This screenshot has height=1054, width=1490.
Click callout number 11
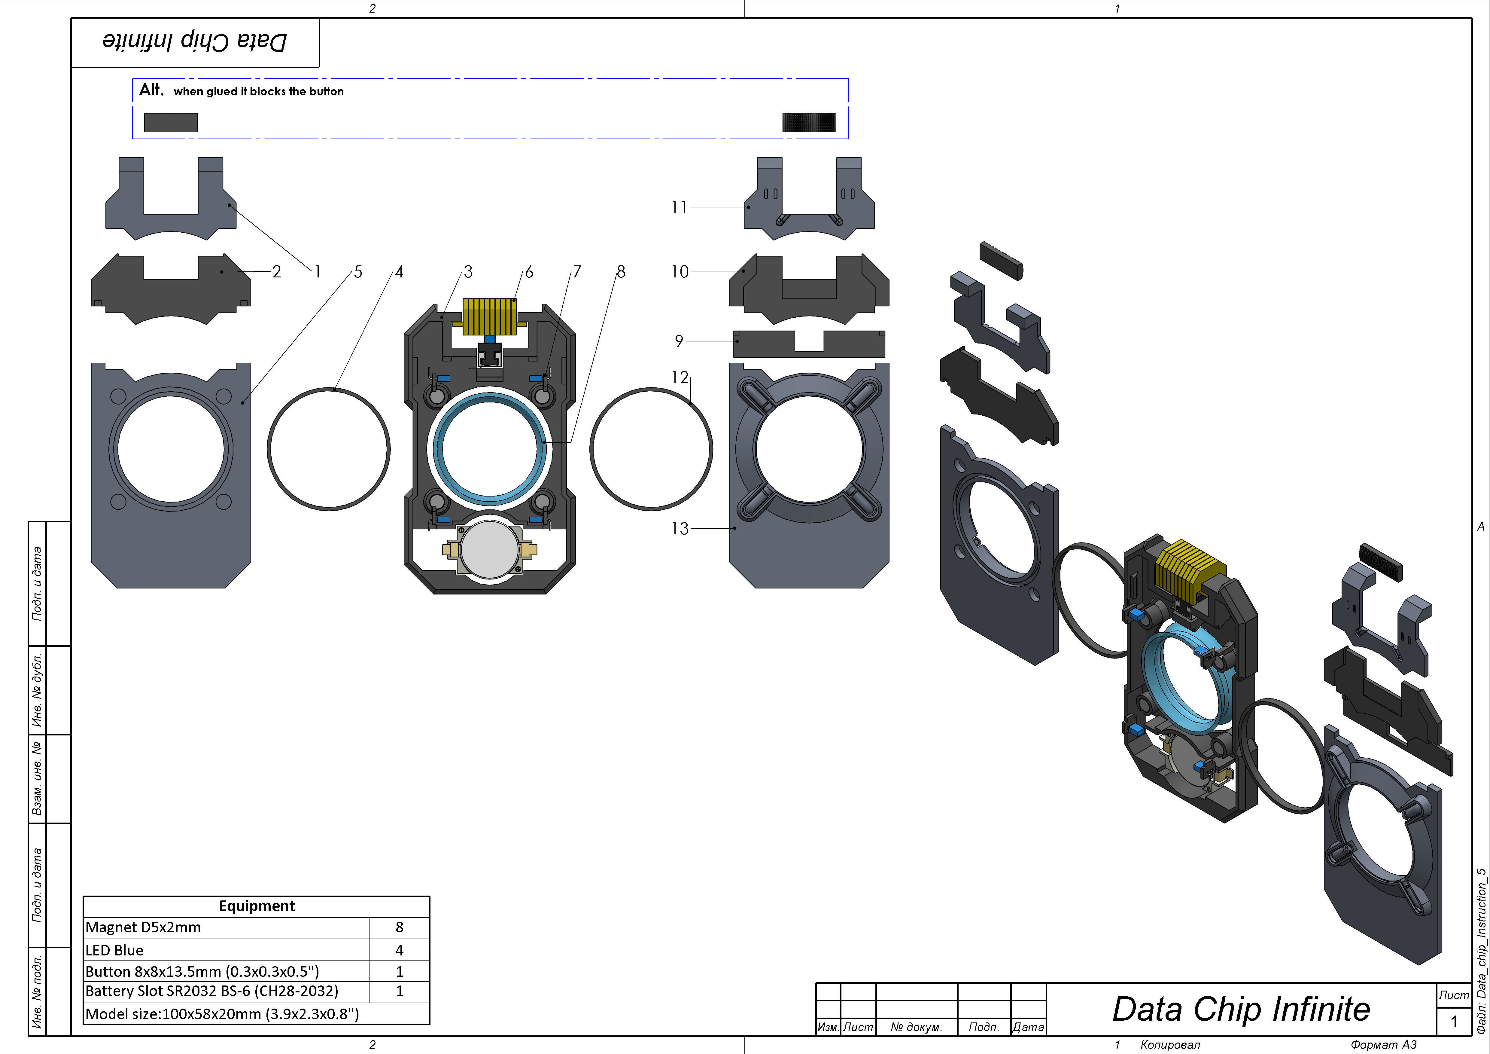pyautogui.click(x=679, y=207)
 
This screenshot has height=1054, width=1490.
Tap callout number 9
pyautogui.click(x=679, y=341)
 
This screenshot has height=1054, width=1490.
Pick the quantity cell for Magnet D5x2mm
pyautogui.click(x=399, y=927)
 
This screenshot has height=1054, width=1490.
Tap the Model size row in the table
pyautogui.click(x=222, y=1014)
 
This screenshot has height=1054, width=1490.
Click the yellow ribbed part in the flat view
pyautogui.click(x=490, y=316)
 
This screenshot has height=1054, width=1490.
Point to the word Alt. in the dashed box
pyautogui.click(x=151, y=90)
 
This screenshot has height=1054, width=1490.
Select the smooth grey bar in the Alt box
pyautogui.click(x=171, y=122)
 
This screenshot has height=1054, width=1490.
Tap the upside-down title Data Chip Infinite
pyautogui.click(x=195, y=41)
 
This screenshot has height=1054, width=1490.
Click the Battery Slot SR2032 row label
pyautogui.click(x=211, y=991)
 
